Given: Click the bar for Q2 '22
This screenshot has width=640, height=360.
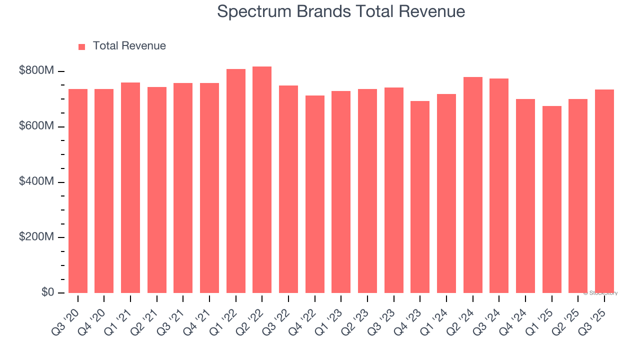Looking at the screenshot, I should [x=262, y=180].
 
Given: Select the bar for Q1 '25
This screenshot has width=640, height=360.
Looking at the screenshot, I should [x=551, y=199].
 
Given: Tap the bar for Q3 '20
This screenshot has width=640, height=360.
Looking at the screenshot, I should [x=78, y=191].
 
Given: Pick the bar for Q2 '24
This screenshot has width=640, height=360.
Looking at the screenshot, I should [x=472, y=185].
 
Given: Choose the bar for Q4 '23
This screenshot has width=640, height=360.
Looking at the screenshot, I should [x=420, y=197].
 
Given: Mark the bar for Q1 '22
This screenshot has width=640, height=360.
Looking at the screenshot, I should [x=235, y=181].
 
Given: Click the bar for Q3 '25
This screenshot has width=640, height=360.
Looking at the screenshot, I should [x=604, y=191].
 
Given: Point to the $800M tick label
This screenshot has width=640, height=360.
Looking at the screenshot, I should [x=36, y=71].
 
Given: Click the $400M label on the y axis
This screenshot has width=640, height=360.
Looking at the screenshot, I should [x=36, y=181].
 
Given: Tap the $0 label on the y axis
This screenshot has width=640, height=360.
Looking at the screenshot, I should [x=47, y=292].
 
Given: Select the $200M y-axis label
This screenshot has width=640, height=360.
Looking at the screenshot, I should [x=36, y=237].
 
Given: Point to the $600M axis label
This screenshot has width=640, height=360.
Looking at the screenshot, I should [x=36, y=126].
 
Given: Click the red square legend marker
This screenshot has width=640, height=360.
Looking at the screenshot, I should [x=82, y=46].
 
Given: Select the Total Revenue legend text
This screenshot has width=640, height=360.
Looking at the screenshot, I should [x=129, y=46].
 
